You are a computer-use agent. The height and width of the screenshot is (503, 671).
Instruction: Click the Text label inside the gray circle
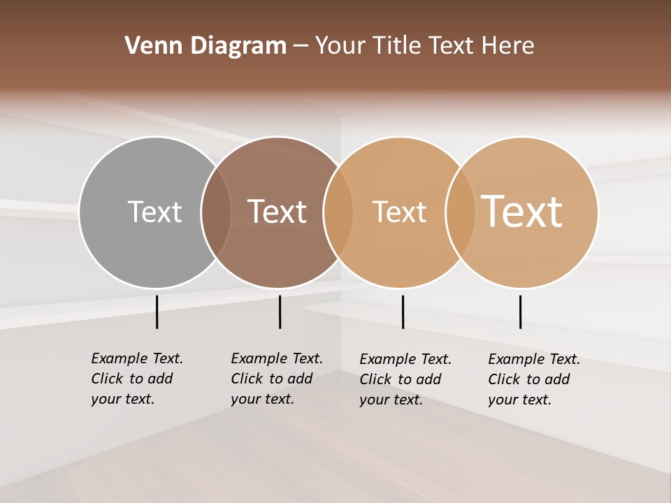154,212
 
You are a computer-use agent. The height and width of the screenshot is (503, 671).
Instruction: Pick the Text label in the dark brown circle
277,212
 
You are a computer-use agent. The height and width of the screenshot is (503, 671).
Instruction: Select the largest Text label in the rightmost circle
521,212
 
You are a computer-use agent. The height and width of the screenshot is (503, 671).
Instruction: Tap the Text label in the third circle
399,212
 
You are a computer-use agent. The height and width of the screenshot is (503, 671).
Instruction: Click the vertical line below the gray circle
157,312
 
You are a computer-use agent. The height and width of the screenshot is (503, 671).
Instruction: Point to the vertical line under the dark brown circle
280,312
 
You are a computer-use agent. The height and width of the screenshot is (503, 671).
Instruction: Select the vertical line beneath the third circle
403,312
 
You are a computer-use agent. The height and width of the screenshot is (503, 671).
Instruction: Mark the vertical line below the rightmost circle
520,312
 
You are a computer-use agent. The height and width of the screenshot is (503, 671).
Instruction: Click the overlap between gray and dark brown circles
216,212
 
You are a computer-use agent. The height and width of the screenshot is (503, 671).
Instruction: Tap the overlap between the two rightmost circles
461,212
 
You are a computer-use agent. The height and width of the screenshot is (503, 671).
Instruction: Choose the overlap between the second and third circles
338,212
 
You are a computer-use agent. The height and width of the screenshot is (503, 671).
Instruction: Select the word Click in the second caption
246,379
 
